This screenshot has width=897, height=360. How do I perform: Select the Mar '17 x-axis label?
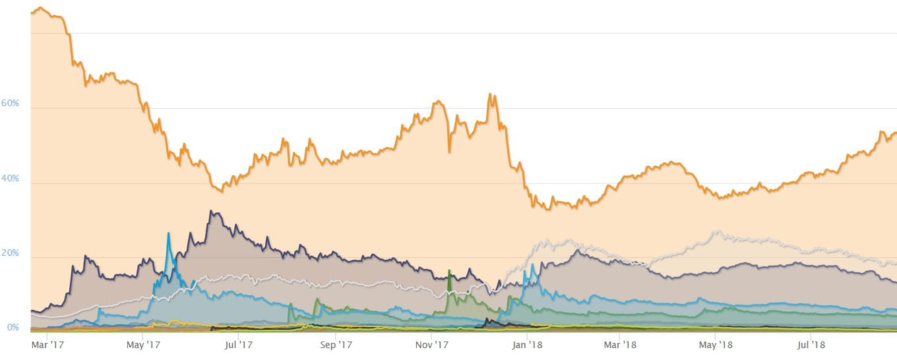pos(47,345)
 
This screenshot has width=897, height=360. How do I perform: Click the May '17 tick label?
pos(143,345)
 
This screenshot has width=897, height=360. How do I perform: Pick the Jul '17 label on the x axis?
pos(239,345)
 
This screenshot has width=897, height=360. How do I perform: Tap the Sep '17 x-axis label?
pos(336,345)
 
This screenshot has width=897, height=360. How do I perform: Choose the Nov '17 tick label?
pos(433,345)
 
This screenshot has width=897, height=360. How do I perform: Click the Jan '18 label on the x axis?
pos(528,345)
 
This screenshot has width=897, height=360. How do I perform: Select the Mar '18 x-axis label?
pos(621,345)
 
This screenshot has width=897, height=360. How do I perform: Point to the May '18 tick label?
pos(717,345)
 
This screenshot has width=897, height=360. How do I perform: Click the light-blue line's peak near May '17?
pos(168,233)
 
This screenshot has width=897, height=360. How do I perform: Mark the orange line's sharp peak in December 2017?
pos(490,94)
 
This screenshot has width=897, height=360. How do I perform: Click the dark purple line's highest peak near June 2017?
pos(210,211)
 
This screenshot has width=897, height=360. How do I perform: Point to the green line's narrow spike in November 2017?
pos(449,270)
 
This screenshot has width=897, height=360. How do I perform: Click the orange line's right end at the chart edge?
pos(895,133)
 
